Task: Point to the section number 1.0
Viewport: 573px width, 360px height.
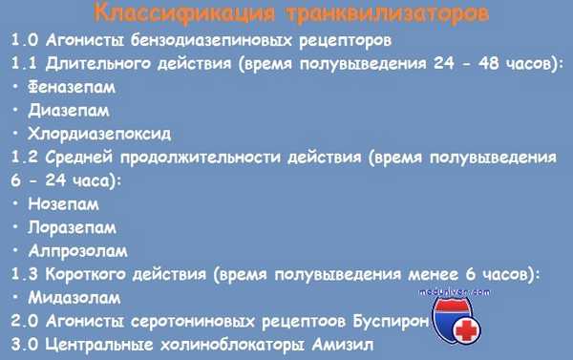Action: (x=25, y=41)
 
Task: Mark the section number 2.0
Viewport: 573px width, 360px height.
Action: (x=25, y=320)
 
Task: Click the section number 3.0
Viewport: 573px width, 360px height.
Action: (x=25, y=343)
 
